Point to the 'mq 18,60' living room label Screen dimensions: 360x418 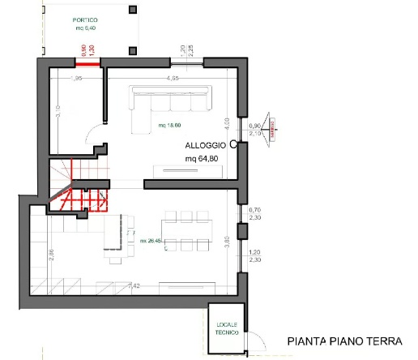coord(169,125)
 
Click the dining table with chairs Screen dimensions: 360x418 coord(186,230)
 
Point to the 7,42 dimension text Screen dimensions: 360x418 coord(135,285)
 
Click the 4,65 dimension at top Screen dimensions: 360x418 coord(173,79)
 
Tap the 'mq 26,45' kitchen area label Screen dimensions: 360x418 coord(151,241)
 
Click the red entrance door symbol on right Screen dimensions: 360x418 coord(272,126)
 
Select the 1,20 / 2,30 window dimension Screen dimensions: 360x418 coord(254,255)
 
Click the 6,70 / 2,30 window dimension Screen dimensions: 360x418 coord(254,214)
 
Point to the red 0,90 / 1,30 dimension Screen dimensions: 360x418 coord(87,49)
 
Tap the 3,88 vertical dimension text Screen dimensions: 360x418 coord(228,241)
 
